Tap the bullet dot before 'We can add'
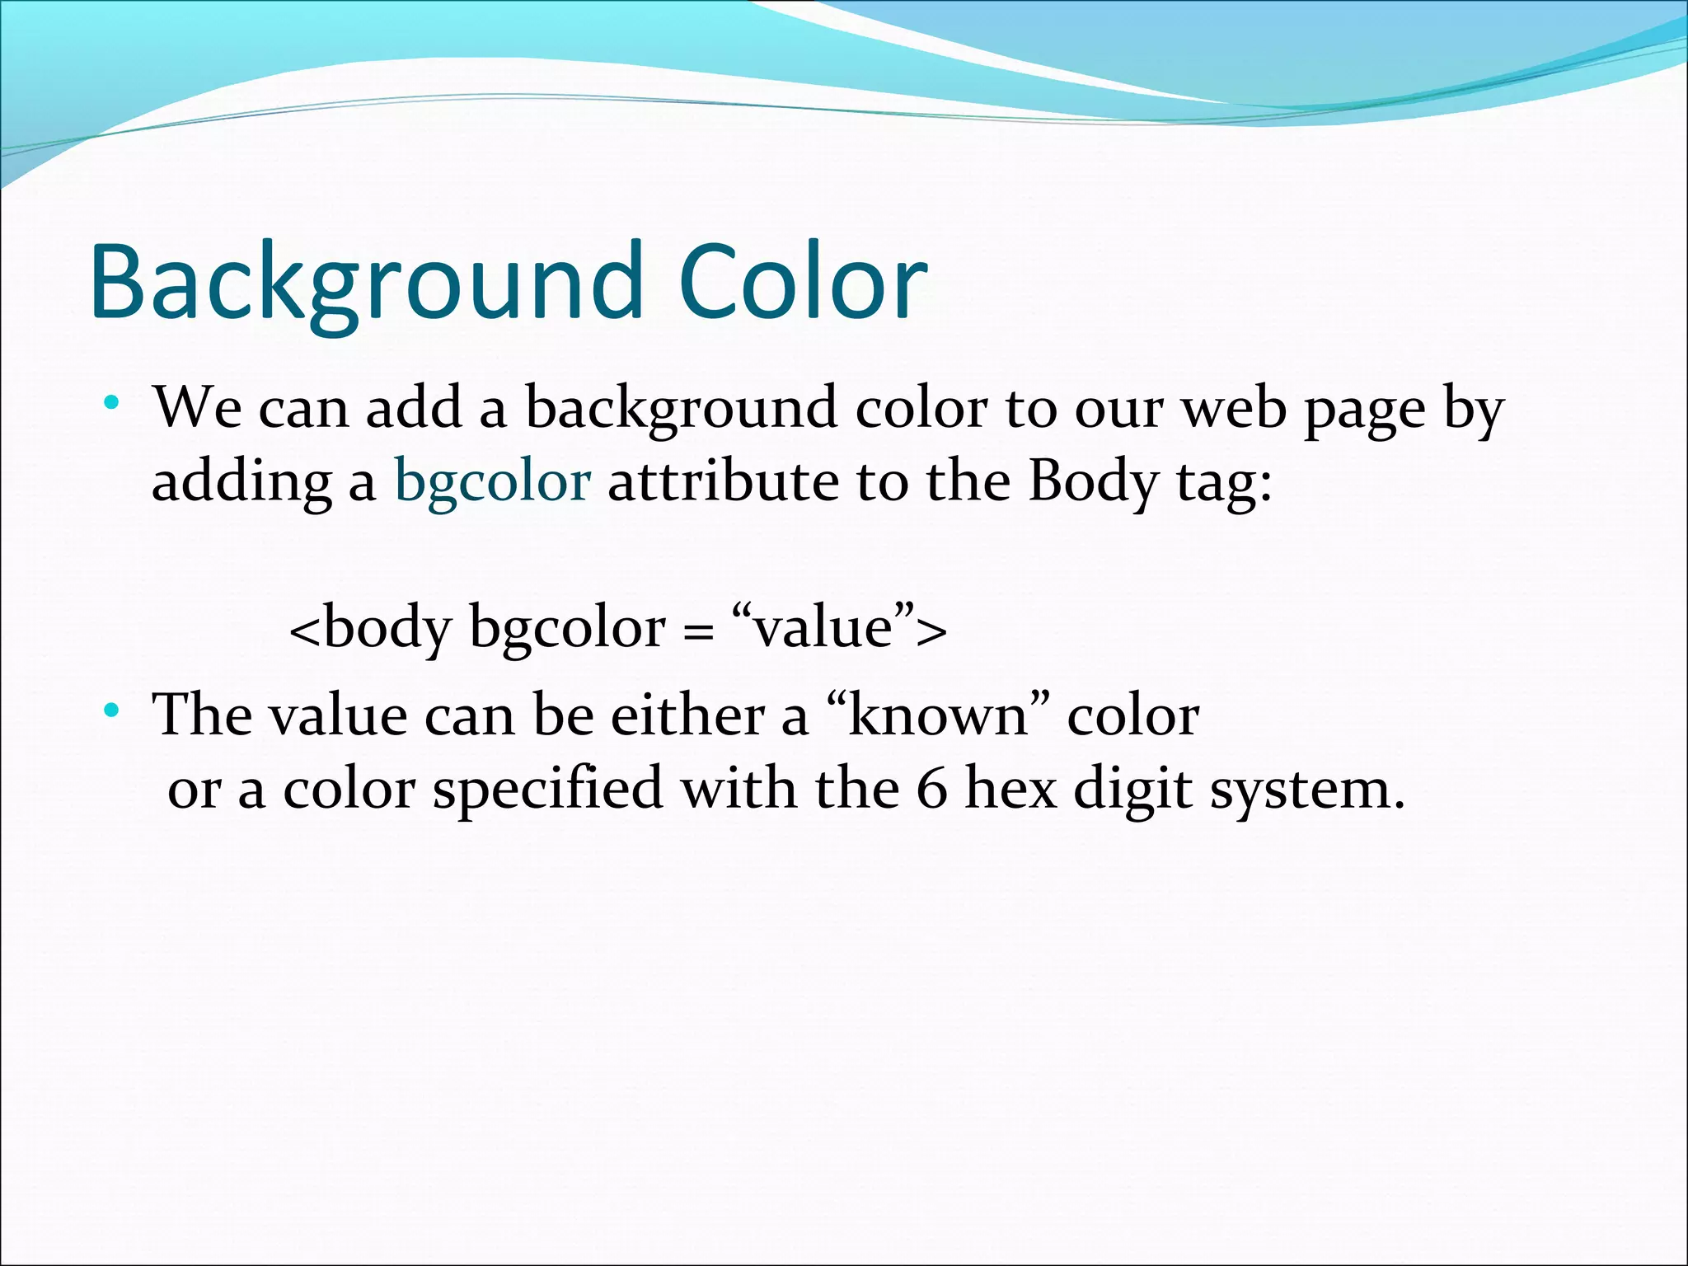click(111, 404)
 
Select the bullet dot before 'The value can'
click(111, 710)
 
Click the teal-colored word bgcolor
click(492, 481)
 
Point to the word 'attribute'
click(723, 481)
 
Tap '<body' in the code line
click(371, 628)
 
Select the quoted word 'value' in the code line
click(824, 628)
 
